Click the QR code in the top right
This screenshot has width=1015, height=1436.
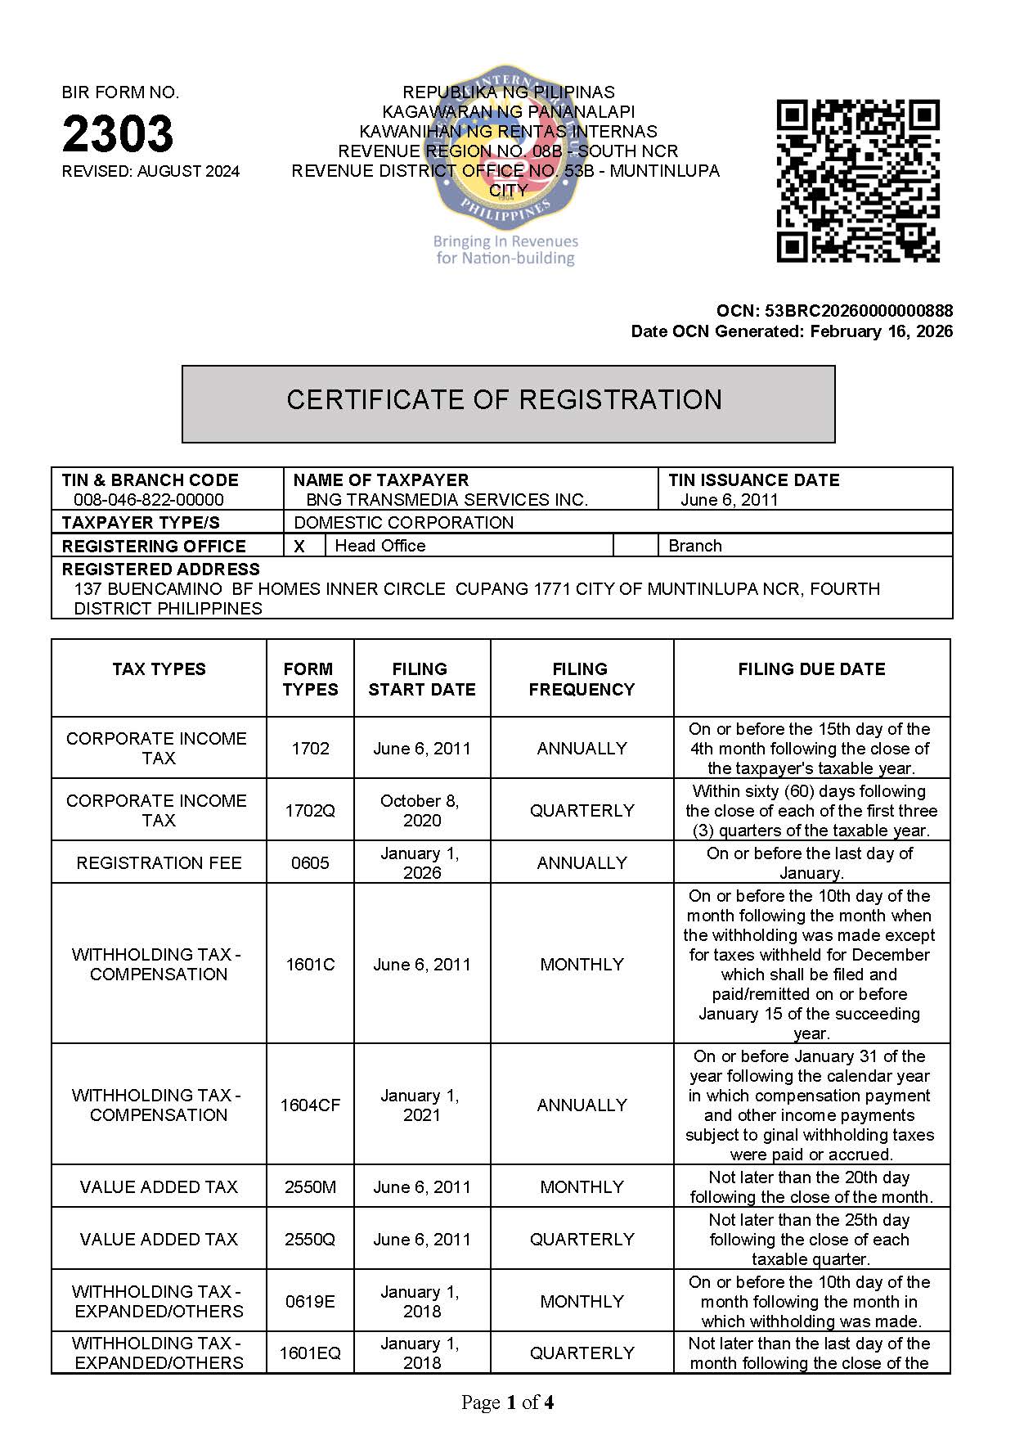coord(857,181)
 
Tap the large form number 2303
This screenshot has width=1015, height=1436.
coord(118,133)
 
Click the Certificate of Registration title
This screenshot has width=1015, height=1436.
coord(505,400)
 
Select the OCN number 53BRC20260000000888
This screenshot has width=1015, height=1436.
coord(859,311)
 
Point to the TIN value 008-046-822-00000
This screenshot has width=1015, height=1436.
coord(148,500)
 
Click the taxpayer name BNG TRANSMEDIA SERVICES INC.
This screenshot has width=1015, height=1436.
coord(447,500)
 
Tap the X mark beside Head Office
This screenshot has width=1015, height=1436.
coord(299,547)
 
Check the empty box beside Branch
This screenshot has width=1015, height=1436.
coord(635,546)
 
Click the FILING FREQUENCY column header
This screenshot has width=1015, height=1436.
coord(582,679)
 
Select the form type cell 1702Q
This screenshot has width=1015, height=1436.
coord(310,811)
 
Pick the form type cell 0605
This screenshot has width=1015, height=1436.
coord(310,863)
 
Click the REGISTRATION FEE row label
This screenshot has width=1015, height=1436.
coord(159,863)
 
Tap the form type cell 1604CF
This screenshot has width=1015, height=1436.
coord(310,1105)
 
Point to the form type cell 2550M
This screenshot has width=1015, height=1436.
coord(310,1187)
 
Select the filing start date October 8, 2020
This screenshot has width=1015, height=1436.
coord(422,811)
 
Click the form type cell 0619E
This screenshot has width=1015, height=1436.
coord(310,1302)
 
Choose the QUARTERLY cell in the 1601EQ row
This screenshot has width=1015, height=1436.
coord(582,1353)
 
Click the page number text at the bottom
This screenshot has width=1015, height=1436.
coord(507,1402)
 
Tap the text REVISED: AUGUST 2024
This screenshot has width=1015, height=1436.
coord(150,172)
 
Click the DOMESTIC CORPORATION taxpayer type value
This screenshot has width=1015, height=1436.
coord(404,523)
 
